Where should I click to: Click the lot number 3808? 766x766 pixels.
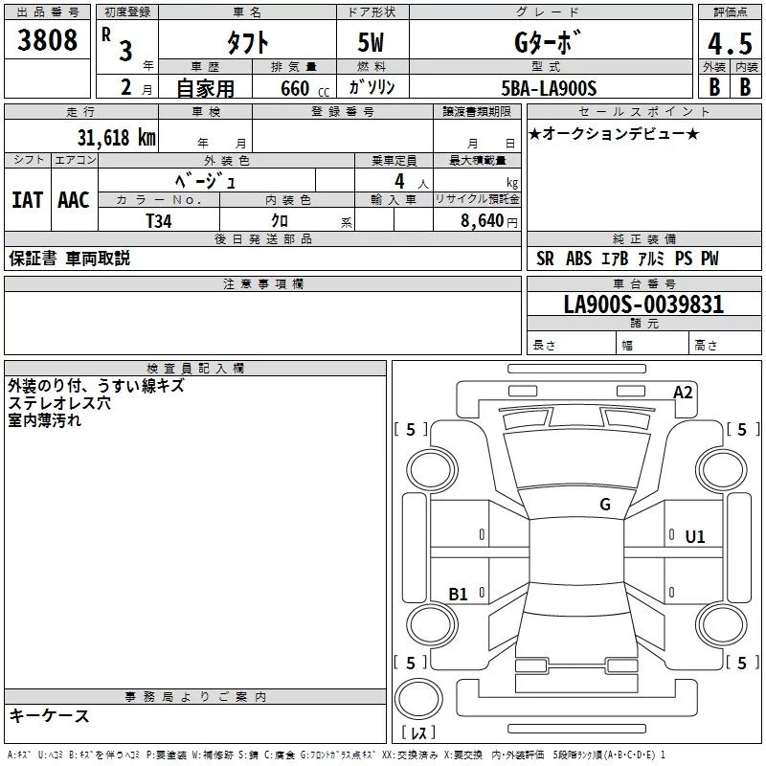[x=48, y=40]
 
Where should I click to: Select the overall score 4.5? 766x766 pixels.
[x=729, y=44]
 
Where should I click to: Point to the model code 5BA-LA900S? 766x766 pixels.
[x=549, y=88]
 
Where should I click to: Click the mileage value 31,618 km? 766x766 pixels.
[x=116, y=137]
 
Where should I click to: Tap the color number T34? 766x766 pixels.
[x=159, y=220]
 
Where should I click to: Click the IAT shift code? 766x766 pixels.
[x=27, y=200]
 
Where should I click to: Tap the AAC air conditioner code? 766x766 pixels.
[x=74, y=200]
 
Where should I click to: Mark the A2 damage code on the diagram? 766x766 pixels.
[x=683, y=393]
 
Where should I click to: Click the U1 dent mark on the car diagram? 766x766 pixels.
[x=694, y=537]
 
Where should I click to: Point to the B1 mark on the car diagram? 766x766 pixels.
[x=459, y=595]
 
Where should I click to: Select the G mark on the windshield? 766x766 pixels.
[x=605, y=505]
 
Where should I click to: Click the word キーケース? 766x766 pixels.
[x=50, y=715]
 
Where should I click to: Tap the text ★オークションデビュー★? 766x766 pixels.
[x=614, y=133]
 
